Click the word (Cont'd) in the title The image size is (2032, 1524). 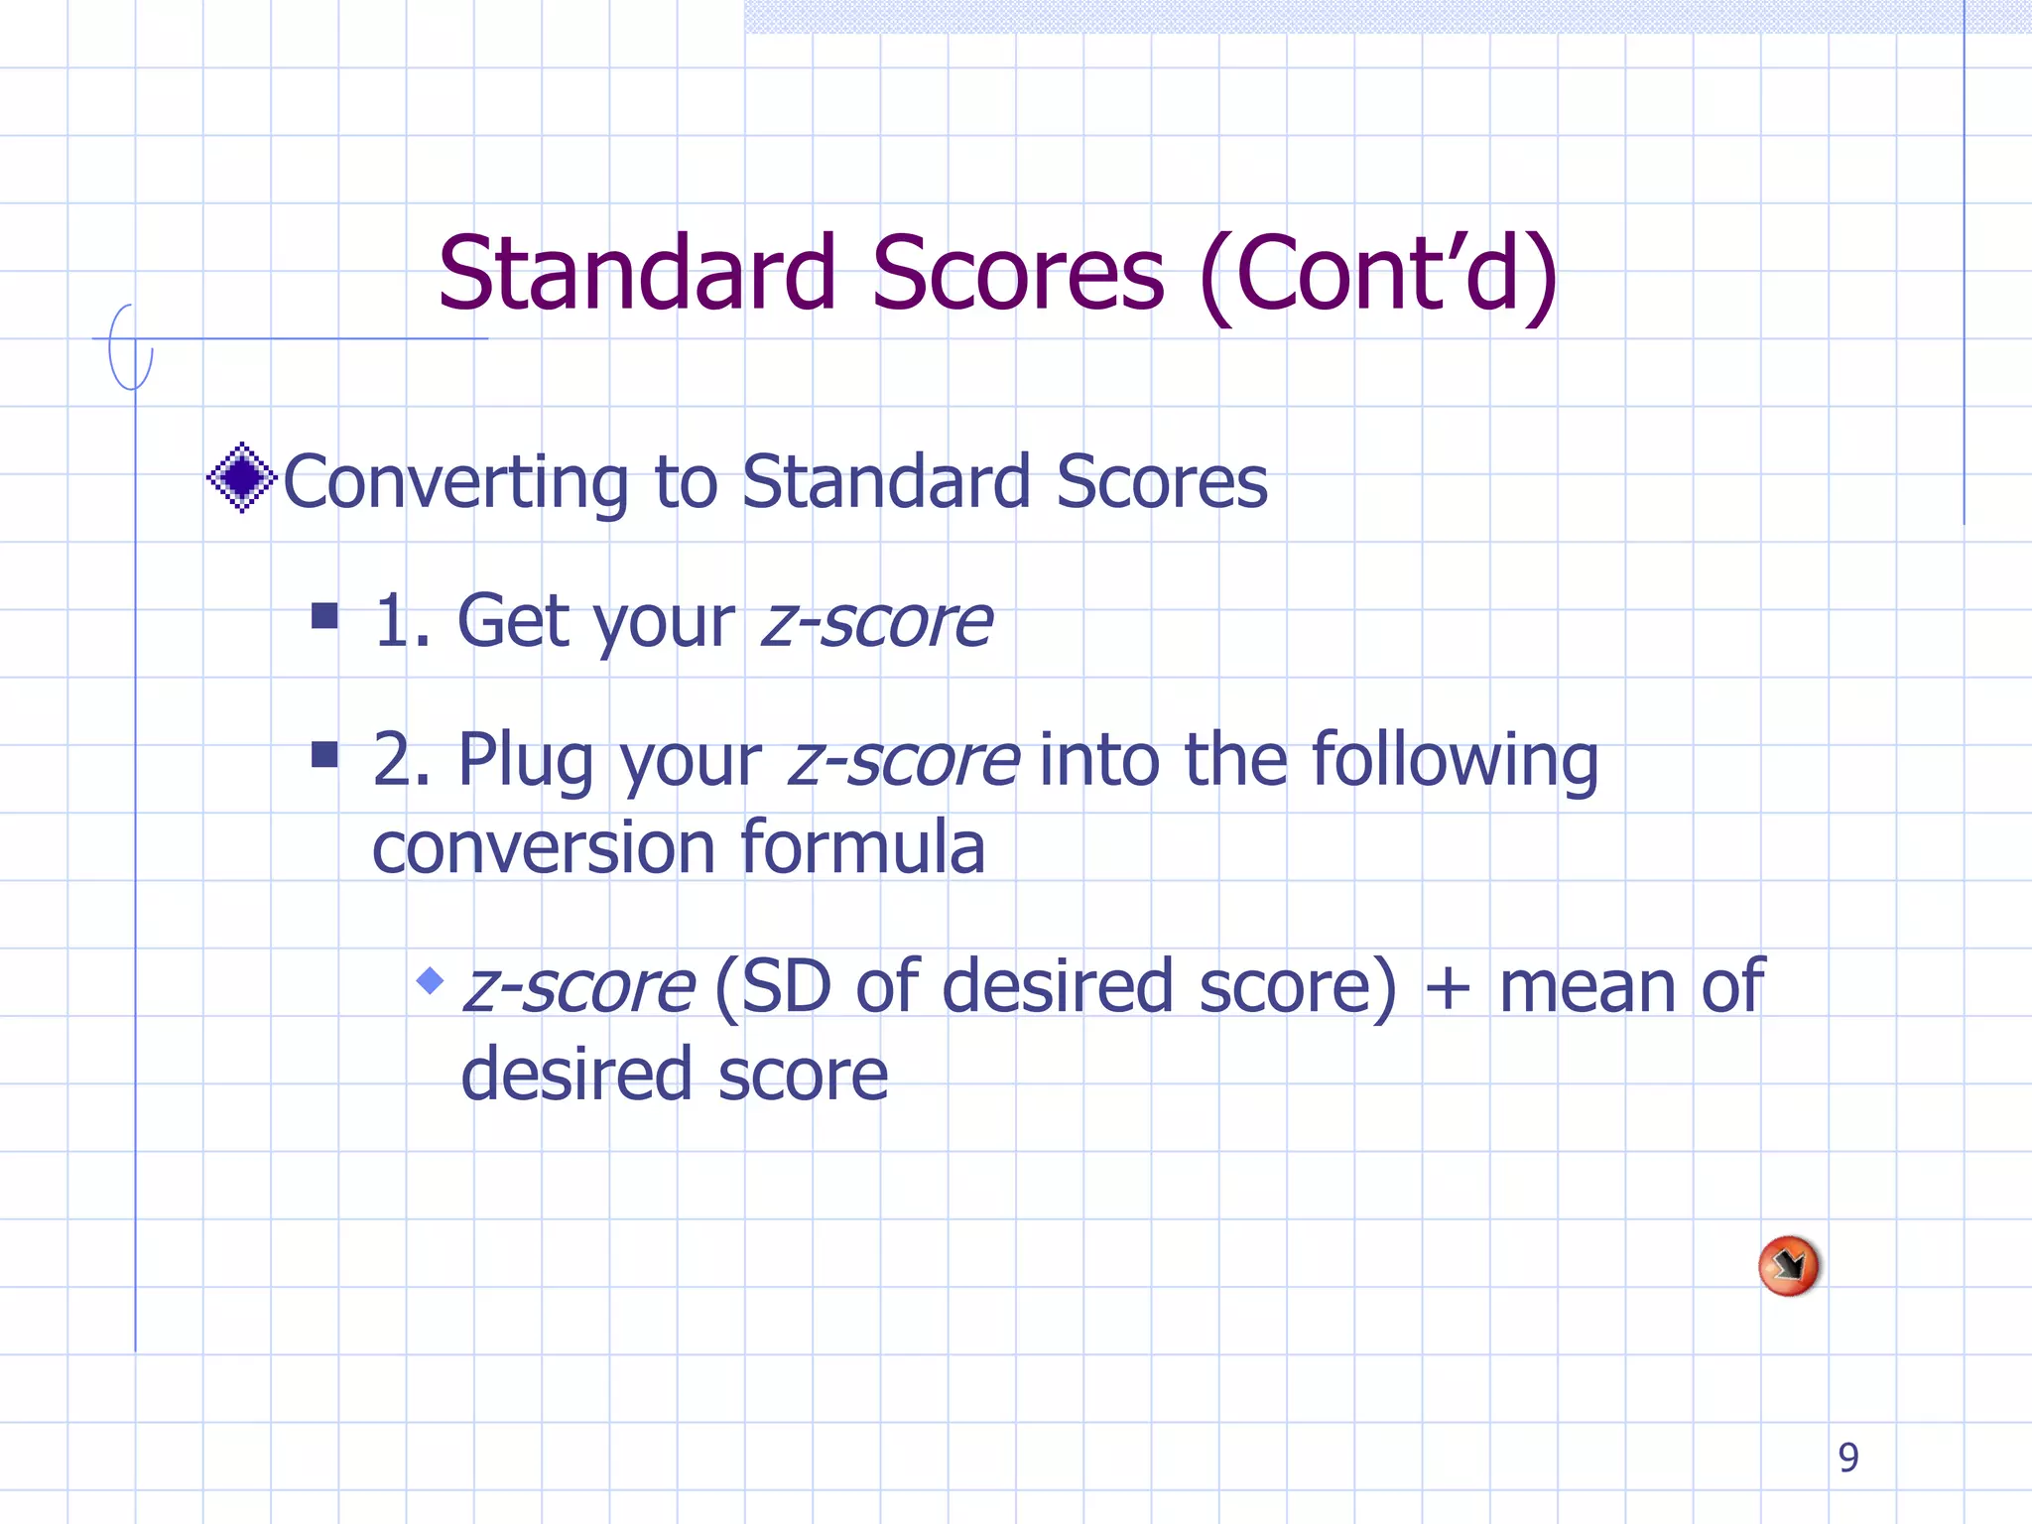1379,275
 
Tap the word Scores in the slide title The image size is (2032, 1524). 1017,273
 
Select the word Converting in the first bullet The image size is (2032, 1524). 455,483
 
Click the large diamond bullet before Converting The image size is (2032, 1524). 241,478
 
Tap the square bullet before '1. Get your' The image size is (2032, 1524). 324,616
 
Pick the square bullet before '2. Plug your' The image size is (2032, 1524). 324,755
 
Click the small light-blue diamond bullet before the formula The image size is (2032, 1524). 430,981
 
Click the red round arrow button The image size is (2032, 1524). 1788,1266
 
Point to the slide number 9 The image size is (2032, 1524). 1847,1458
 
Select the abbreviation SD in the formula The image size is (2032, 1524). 786,987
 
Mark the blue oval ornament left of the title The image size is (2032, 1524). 130,347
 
